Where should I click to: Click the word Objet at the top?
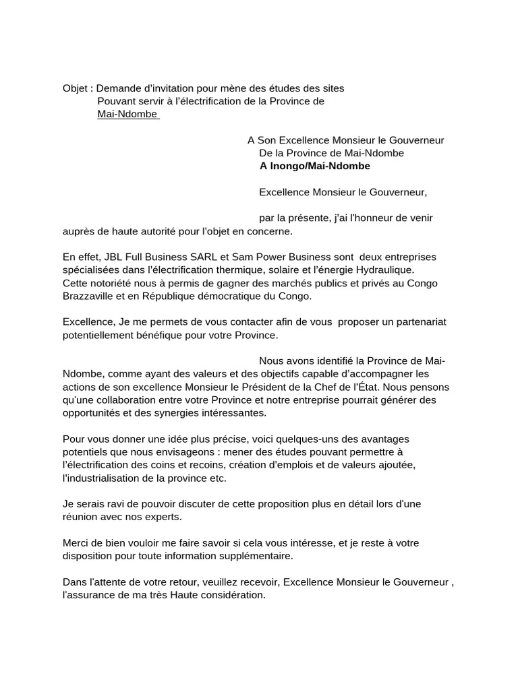coord(75,88)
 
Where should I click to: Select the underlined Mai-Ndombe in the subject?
coord(127,114)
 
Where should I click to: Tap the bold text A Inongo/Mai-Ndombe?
coord(314,166)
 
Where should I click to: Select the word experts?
coord(162,517)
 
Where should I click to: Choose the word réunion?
coord(81,517)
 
